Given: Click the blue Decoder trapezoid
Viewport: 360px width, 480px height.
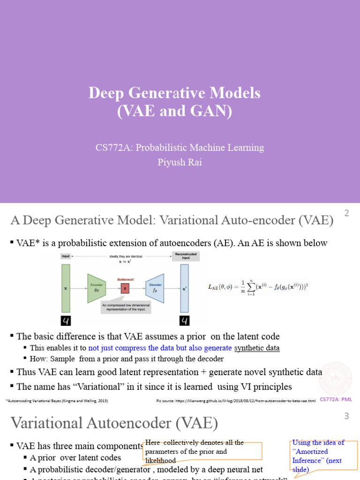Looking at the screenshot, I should (x=155, y=288).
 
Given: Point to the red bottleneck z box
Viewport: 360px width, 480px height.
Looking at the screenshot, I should (x=125, y=289).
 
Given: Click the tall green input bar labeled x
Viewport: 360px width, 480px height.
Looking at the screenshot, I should (x=66, y=288).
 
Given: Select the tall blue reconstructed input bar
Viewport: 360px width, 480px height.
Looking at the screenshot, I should (x=184, y=288).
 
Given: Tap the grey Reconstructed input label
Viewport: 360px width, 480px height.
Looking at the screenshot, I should (x=185, y=256).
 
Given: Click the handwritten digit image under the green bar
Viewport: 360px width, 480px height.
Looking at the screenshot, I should (x=66, y=321).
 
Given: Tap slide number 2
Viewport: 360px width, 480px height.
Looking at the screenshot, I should (x=347, y=214).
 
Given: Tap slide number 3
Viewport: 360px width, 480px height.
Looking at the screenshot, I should (x=347, y=416).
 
